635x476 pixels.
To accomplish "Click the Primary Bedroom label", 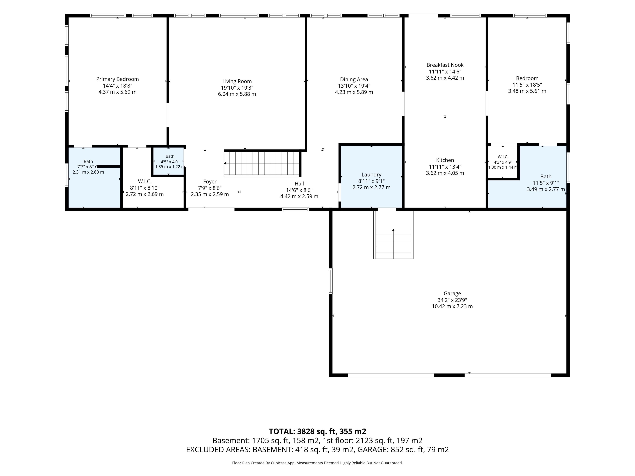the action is (117, 79).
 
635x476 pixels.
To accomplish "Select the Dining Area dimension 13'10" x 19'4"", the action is (354, 86).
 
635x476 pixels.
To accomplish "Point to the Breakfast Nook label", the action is (445, 65).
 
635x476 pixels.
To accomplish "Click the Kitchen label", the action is (445, 160).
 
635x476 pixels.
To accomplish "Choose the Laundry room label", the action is (371, 175).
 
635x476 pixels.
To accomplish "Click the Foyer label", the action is (210, 182).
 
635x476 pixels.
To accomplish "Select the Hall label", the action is (299, 184).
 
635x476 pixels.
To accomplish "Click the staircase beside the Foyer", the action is (262, 164).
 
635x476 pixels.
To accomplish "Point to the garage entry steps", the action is (393, 235).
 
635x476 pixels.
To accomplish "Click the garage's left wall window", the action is (330, 281).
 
